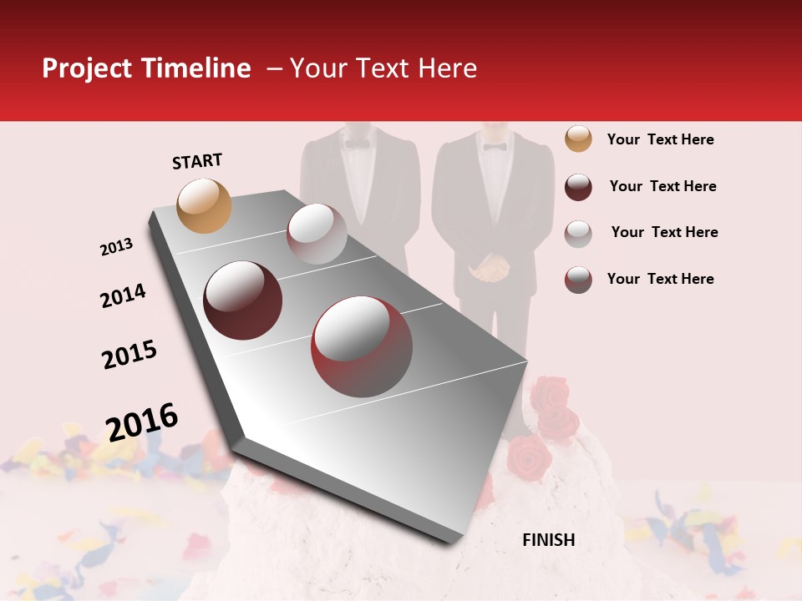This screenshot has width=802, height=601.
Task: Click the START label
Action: [197, 161]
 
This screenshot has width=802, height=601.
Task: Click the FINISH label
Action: [549, 540]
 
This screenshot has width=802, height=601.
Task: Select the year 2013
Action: [116, 247]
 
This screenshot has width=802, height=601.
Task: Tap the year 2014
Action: [123, 295]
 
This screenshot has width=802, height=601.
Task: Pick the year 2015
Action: [129, 355]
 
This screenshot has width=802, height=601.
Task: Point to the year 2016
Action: [142, 422]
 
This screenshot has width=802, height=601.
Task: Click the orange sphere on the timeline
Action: [205, 205]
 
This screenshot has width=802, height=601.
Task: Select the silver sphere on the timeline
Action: [317, 234]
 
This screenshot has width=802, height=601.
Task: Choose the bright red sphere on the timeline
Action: [362, 346]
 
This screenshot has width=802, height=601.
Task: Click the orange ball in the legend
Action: [578, 139]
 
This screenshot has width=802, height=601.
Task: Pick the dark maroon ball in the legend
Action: [578, 187]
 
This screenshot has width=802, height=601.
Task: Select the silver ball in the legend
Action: [578, 233]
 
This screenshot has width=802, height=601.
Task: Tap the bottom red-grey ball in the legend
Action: [578, 280]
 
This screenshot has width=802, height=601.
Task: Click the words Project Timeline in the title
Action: [146, 68]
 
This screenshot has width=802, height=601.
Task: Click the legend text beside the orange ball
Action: [660, 139]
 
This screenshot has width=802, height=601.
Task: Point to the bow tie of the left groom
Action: [358, 144]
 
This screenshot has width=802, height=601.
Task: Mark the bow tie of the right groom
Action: [495, 147]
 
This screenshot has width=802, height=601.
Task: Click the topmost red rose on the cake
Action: [550, 391]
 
